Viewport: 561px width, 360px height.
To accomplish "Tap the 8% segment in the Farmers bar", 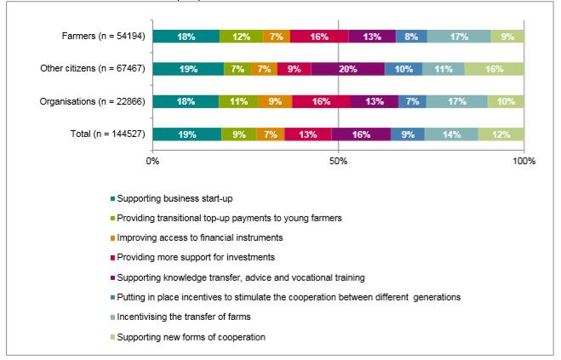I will pos(411,36).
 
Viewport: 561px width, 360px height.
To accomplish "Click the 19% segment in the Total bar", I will pos(186,134).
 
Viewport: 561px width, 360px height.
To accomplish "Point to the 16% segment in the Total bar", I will pos(361,134).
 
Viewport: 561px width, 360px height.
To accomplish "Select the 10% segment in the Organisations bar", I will pos(506,101).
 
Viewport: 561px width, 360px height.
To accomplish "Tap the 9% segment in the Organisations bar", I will pos(274,101).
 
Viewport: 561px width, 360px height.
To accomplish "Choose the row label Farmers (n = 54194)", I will pos(100,36).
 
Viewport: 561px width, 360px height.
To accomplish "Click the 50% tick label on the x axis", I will pos(338,161).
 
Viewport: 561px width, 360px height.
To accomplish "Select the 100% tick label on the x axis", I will pos(524,161).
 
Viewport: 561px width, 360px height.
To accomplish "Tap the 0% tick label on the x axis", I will pos(153,161).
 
